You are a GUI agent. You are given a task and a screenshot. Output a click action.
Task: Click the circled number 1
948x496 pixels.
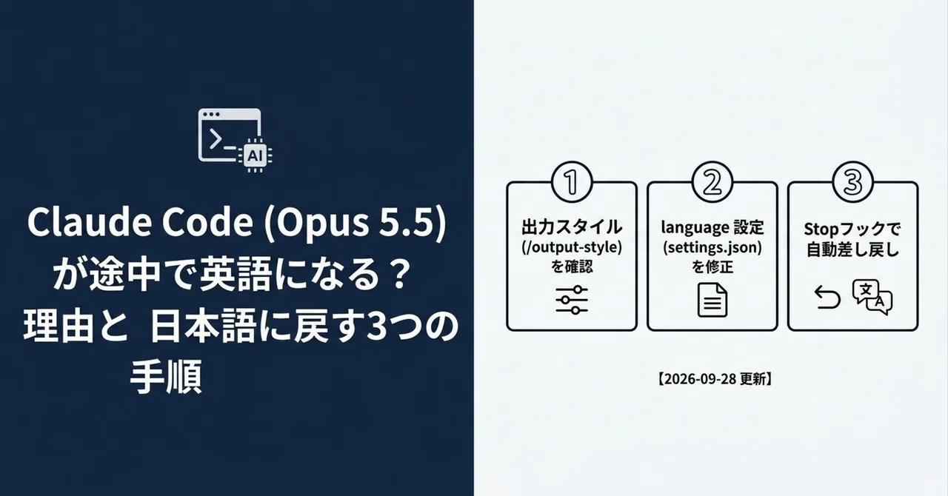pos(572,182)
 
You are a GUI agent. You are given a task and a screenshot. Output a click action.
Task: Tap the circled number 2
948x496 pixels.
pos(712,182)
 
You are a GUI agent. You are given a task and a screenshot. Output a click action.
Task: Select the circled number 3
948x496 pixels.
pos(852,182)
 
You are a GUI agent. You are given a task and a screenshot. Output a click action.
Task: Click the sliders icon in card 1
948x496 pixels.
pos(572,300)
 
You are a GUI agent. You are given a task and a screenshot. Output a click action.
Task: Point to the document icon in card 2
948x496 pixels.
pos(712,300)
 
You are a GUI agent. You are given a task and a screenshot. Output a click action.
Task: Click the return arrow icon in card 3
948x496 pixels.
pos(827,298)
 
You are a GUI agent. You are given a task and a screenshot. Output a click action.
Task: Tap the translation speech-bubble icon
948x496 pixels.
pos(872,297)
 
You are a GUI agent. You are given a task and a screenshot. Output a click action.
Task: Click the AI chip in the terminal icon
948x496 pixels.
pos(255,155)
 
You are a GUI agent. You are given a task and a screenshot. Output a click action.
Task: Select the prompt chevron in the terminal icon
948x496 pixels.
pos(216,139)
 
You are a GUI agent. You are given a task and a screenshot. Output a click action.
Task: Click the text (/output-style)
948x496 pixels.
pos(572,247)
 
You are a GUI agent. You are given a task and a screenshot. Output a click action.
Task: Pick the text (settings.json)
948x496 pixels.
pos(712,247)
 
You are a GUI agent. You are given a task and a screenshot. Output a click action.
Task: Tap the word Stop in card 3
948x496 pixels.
pos(821,229)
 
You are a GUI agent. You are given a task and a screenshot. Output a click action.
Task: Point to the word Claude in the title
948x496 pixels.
pos(90,222)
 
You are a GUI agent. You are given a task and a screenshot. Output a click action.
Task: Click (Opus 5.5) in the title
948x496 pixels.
pos(355,223)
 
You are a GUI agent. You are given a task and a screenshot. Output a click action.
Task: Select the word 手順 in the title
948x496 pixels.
pos(166,377)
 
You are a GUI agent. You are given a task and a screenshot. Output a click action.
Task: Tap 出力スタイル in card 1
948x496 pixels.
pos(572,227)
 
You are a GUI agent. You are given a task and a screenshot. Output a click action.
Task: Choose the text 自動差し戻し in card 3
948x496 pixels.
pos(852,249)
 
